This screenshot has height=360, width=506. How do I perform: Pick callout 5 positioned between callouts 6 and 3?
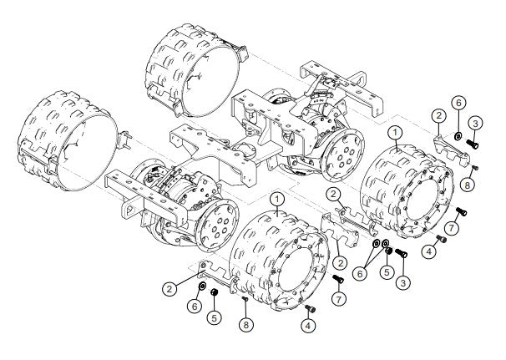(x=387, y=272)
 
